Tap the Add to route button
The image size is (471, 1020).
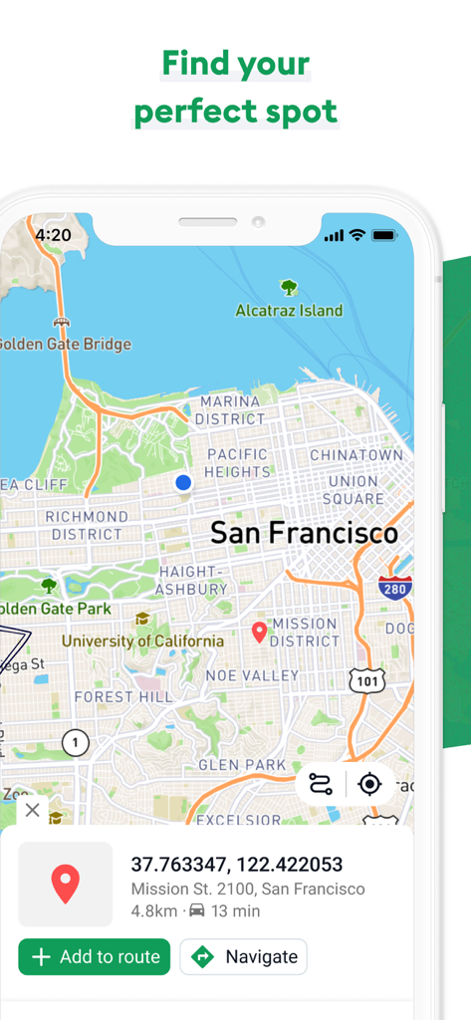[95, 957]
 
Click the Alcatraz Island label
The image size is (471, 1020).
[289, 311]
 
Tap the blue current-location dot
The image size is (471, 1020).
[183, 483]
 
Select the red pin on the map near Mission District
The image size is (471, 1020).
[259, 632]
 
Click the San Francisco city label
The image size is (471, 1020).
[304, 534]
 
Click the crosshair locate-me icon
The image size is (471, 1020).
[369, 784]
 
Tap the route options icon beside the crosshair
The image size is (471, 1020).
[321, 784]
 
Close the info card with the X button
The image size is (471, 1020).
[33, 810]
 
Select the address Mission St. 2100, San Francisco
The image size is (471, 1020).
[248, 889]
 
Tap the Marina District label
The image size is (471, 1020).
[230, 410]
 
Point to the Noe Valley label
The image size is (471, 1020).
[252, 675]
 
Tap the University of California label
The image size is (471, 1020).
[142, 641]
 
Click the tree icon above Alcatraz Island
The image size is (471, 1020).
[289, 288]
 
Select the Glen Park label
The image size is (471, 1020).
[242, 765]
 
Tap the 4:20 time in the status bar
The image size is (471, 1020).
[53, 235]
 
